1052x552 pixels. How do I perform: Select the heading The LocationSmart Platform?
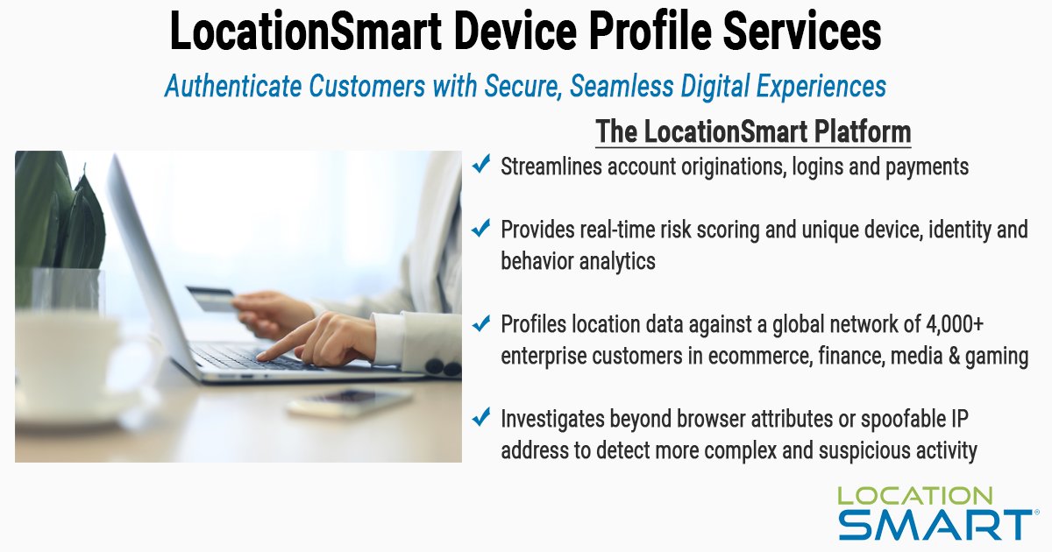tap(753, 132)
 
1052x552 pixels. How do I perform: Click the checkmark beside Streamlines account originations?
tap(480, 165)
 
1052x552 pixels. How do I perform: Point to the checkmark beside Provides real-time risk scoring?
tap(480, 229)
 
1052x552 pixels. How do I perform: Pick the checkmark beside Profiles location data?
tap(480, 324)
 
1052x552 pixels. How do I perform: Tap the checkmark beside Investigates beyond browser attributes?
tap(480, 419)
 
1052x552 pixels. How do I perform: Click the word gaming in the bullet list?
tap(996, 357)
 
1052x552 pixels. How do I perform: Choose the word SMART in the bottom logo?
tap(933, 524)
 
